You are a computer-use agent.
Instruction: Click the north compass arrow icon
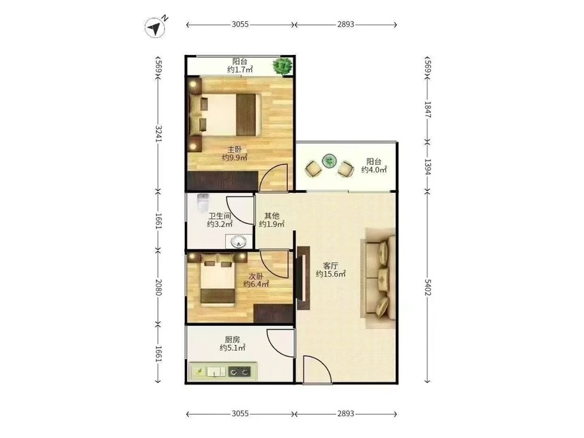(155, 27)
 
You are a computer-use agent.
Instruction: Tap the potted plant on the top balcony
(283, 66)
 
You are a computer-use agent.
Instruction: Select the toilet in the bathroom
(203, 203)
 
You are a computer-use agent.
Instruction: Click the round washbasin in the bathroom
(238, 242)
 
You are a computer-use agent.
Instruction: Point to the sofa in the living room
(379, 277)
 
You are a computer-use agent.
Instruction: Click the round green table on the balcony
(329, 161)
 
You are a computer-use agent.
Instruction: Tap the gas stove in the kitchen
(238, 370)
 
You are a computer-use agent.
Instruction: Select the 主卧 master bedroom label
(235, 150)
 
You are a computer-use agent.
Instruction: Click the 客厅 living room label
(330, 266)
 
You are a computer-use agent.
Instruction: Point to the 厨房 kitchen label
(232, 339)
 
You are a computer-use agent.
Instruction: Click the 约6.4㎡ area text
(256, 284)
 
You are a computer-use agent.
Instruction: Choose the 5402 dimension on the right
(427, 288)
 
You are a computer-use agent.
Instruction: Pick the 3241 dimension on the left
(159, 134)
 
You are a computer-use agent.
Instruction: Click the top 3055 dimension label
(240, 25)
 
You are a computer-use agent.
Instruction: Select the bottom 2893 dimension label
(346, 413)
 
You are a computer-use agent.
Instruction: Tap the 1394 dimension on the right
(427, 167)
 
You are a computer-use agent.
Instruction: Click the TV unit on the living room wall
(303, 277)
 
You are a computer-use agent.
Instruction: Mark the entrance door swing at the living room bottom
(317, 369)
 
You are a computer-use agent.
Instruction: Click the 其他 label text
(272, 215)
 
